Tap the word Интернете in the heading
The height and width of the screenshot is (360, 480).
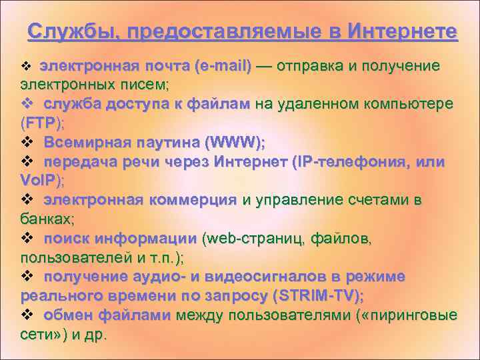(403, 32)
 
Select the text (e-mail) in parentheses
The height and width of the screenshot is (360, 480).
(223, 66)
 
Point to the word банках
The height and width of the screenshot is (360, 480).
(45, 219)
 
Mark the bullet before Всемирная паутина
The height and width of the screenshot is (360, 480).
(27, 142)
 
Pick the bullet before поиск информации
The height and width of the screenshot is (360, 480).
(27, 238)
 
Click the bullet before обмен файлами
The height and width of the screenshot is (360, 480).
(27, 315)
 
